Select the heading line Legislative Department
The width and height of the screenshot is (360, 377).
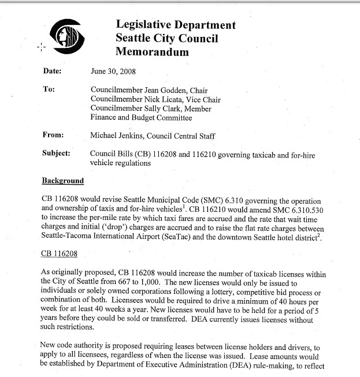click(176, 25)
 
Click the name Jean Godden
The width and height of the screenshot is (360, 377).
click(164, 90)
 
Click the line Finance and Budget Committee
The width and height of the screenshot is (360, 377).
click(141, 118)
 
